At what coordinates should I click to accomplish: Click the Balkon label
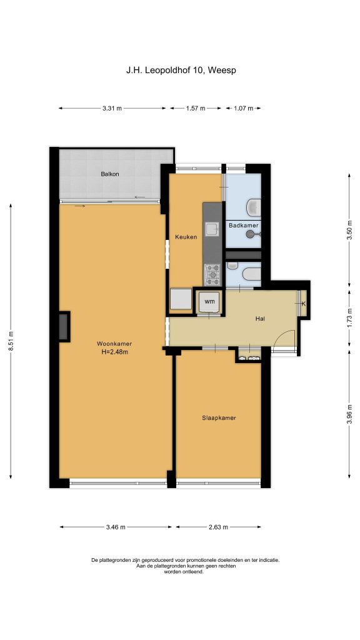(x=110, y=174)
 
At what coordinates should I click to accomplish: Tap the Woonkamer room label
(x=114, y=343)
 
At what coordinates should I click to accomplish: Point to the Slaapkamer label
(x=219, y=417)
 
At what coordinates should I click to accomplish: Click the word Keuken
(x=186, y=237)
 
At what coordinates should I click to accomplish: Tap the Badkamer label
(x=243, y=225)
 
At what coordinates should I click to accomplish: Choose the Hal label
(x=260, y=319)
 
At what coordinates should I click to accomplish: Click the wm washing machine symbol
(x=209, y=302)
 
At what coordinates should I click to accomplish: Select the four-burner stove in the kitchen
(x=212, y=274)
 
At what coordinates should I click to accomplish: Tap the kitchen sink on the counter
(x=212, y=230)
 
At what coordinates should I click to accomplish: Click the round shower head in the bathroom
(x=250, y=234)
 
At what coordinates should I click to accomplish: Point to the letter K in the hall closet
(x=303, y=303)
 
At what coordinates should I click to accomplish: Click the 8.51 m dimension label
(x=11, y=342)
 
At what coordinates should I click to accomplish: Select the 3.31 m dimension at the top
(x=112, y=108)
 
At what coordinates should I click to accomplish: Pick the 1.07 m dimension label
(x=243, y=108)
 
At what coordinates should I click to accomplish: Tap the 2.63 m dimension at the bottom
(x=218, y=527)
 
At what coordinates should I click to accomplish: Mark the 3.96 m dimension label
(x=349, y=414)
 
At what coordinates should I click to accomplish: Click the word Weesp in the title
(x=222, y=70)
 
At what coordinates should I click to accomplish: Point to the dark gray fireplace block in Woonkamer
(x=63, y=326)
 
